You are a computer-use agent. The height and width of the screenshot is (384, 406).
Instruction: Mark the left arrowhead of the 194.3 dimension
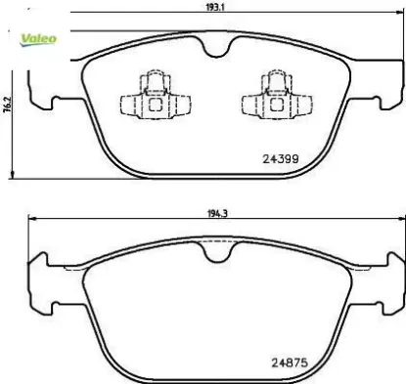point(28,218)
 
